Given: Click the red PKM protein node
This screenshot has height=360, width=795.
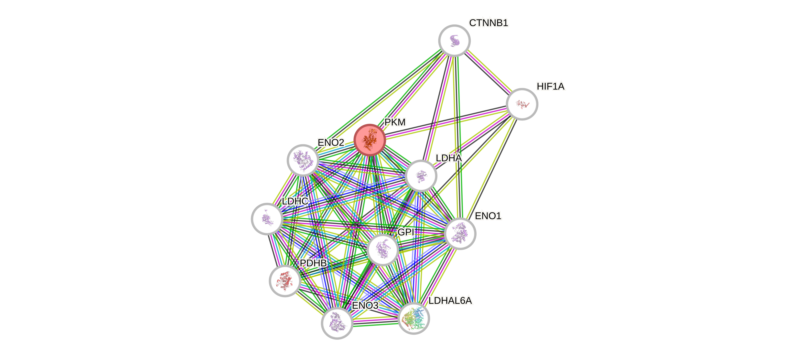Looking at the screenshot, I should (370, 140).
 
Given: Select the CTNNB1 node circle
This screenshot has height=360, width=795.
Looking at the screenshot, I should (454, 40).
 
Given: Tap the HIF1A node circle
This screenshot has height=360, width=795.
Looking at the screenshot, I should (522, 104).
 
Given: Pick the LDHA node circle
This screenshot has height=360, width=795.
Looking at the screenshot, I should (421, 176).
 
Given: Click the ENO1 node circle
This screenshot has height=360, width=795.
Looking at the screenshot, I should (460, 233).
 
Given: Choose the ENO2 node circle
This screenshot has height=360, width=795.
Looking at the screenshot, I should (303, 160).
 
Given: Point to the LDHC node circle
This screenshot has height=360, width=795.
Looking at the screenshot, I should (267, 219).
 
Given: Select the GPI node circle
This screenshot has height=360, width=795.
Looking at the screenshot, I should (382, 250).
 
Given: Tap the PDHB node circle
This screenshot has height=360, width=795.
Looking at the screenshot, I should (285, 281).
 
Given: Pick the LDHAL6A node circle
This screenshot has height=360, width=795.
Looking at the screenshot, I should (414, 318).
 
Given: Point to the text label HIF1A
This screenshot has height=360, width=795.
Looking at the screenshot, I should (551, 87).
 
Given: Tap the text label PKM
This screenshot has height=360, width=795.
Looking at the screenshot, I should (395, 122).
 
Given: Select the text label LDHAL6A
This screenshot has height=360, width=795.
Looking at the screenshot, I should (450, 301).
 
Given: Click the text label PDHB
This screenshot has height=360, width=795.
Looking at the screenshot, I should (313, 263).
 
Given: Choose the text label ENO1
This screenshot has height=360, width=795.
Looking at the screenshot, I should (488, 216).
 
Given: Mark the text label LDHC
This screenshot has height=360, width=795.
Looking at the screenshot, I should (295, 201).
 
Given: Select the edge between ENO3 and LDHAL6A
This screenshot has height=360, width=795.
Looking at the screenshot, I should (375, 321).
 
